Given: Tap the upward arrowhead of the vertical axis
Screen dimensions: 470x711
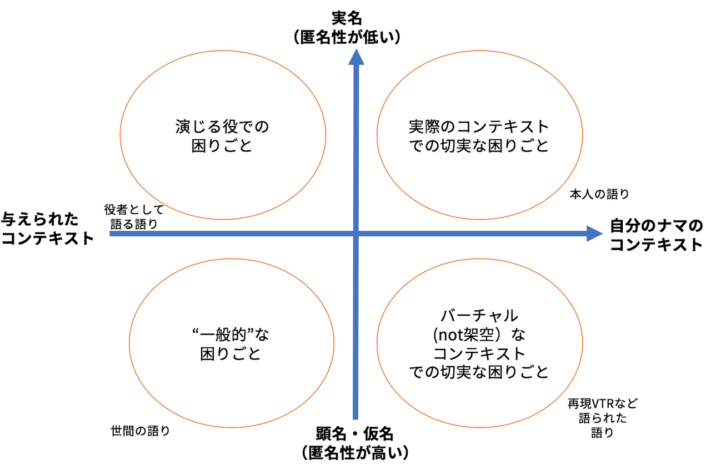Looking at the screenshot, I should [355, 56].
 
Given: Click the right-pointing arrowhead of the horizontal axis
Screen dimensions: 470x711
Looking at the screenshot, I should [594, 234].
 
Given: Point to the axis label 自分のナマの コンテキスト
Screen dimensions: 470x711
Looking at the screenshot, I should [656, 235].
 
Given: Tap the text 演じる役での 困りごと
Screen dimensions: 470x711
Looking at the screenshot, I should [222, 137].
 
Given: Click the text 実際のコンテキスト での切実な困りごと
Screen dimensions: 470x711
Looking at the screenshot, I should [478, 137].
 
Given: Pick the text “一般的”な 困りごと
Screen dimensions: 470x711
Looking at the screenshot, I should [231, 344].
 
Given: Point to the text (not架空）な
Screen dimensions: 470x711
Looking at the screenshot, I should [479, 335].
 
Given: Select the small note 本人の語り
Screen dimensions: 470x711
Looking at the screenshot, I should [599, 194].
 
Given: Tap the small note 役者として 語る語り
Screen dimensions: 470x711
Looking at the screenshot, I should [134, 217].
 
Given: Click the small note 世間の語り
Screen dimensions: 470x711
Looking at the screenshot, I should [140, 431].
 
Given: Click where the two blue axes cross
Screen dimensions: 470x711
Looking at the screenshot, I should [355, 234].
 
